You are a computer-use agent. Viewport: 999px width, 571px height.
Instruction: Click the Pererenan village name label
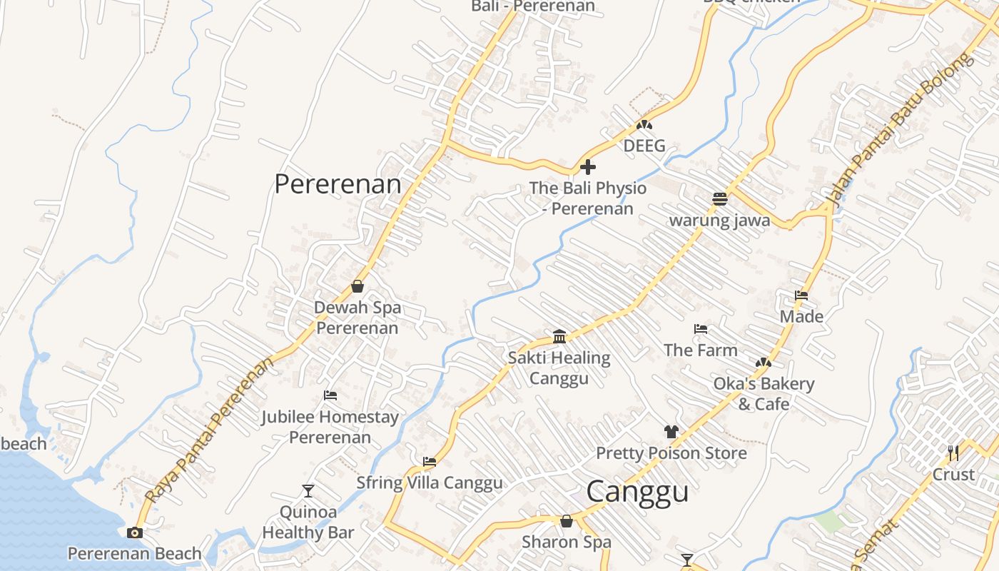(338, 184)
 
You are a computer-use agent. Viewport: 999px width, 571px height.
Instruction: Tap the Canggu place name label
(637, 492)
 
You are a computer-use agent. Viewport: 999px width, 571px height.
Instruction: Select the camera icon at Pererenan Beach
(134, 532)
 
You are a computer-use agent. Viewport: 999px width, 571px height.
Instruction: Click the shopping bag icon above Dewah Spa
(357, 286)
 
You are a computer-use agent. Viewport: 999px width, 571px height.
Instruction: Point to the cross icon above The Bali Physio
(588, 167)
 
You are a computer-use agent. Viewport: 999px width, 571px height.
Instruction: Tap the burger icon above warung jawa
(719, 199)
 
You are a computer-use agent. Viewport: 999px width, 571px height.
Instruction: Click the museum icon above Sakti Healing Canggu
(559, 336)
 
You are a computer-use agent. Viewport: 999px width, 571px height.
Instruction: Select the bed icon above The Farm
(701, 329)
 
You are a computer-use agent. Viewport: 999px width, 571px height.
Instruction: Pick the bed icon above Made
(801, 295)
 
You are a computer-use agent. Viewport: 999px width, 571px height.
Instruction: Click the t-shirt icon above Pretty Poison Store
(671, 431)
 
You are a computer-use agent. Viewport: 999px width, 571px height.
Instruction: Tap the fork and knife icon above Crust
(953, 453)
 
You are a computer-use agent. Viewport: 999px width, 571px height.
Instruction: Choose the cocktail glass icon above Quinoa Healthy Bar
(308, 490)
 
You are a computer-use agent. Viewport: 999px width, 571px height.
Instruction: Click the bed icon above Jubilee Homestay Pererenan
(330, 395)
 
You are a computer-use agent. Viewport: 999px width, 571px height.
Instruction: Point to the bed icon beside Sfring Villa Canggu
(430, 462)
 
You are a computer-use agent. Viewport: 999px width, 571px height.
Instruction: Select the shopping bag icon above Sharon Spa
(567, 521)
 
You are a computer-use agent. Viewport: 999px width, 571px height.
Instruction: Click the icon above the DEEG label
(644, 125)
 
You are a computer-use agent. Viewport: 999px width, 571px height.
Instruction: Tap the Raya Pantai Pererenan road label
(210, 430)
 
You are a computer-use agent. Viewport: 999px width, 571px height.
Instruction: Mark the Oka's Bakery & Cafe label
(764, 394)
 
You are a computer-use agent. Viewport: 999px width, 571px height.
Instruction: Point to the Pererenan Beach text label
(135, 554)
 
